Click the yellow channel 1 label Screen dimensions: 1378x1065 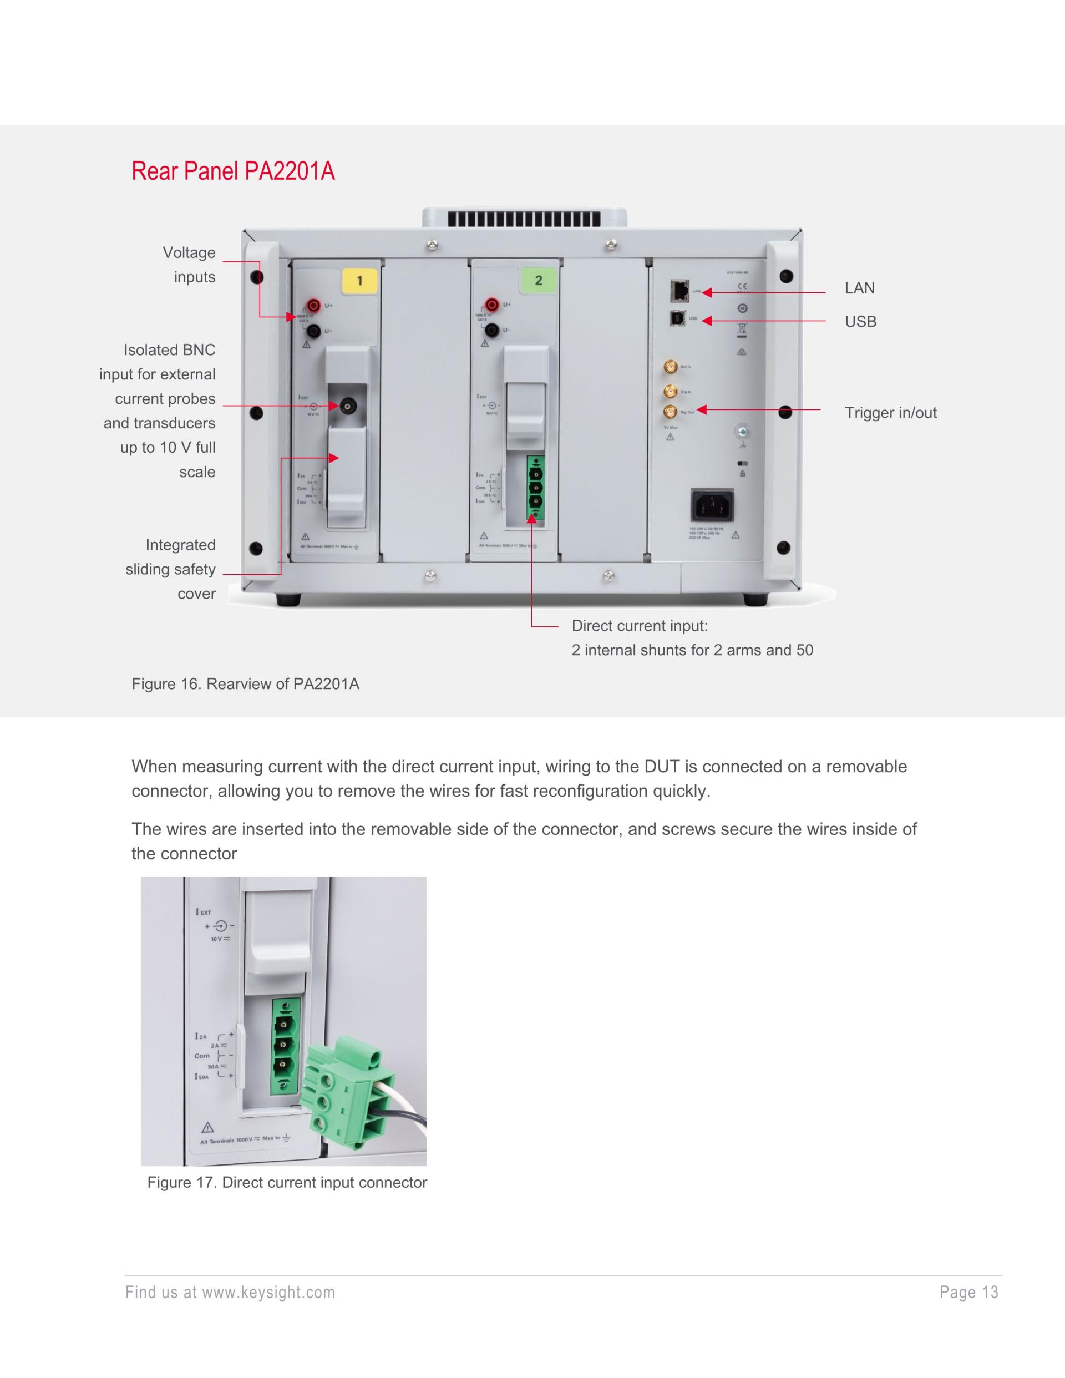(x=359, y=281)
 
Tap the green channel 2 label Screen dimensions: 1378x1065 (x=538, y=280)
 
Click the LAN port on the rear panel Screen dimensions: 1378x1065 (x=681, y=291)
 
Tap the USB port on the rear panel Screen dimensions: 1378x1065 (x=678, y=318)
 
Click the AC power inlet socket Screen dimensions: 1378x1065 (x=712, y=505)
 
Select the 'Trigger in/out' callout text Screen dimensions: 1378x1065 (x=890, y=413)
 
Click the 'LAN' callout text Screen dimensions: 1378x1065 (x=859, y=288)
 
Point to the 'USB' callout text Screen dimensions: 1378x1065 (x=860, y=322)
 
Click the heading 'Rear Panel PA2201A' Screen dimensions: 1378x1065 (x=233, y=171)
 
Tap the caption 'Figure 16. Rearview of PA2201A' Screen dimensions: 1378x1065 (x=245, y=684)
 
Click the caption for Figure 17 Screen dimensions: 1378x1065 (x=287, y=1182)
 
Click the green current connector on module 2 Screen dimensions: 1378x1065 (x=535, y=488)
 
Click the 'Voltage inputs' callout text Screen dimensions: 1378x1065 (x=189, y=265)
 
